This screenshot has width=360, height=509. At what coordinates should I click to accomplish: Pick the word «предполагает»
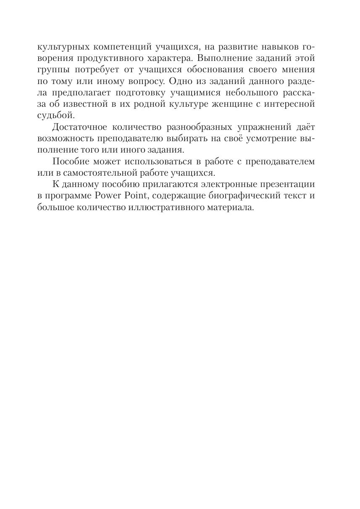[87, 92]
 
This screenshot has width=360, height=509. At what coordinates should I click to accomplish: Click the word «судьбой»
[56, 115]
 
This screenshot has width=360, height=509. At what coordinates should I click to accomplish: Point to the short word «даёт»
[304, 127]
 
